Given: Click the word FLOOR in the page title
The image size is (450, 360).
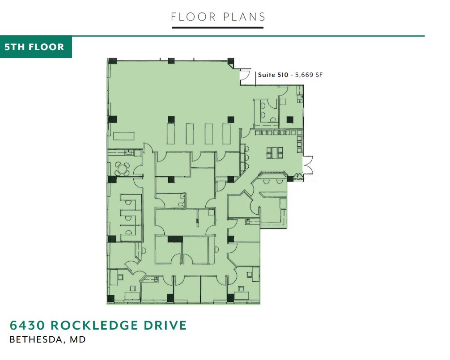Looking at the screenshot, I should click(x=193, y=17).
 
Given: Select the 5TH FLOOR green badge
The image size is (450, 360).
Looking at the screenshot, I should click(x=35, y=47).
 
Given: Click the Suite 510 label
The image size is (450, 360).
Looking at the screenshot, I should click(x=273, y=75).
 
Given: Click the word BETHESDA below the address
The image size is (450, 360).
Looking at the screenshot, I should click(x=37, y=340).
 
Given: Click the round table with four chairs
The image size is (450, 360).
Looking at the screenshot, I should click(x=122, y=169).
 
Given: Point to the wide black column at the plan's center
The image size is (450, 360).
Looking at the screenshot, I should click(x=175, y=239).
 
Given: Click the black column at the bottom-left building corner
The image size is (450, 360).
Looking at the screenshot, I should click(x=111, y=298).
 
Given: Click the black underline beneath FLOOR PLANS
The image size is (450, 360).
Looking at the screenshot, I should click(x=218, y=28).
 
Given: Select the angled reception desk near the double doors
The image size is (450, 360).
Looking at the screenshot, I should click(x=273, y=174).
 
